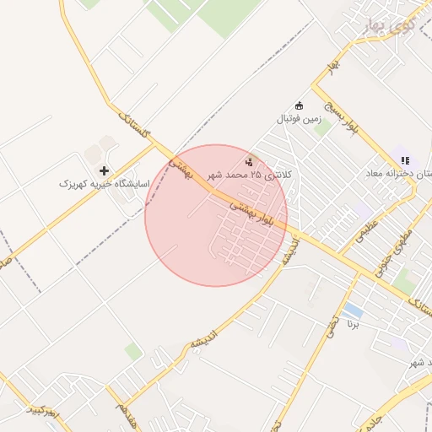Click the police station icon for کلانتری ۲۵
coord(249,161)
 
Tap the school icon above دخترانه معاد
coord(405,160)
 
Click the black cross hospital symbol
coord(105,170)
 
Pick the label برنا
coord(354,324)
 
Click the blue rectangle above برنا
coord(353,310)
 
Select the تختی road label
coord(331,323)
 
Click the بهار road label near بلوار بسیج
coord(334,63)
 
